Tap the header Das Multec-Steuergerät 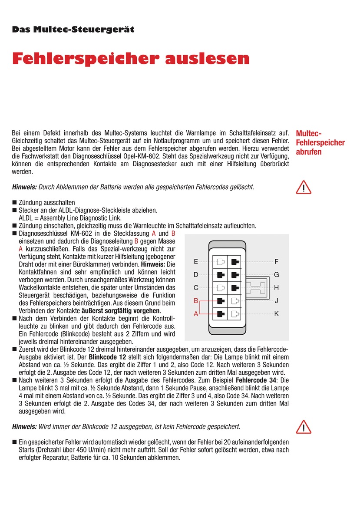73,30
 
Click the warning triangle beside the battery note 304,188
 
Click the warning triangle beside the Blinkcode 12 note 304,427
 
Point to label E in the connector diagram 196,262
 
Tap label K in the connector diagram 277,313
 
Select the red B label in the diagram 196,300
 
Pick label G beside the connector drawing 277,275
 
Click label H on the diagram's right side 277,287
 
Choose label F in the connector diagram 277,262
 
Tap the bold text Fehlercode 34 255,380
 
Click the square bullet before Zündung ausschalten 14,202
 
